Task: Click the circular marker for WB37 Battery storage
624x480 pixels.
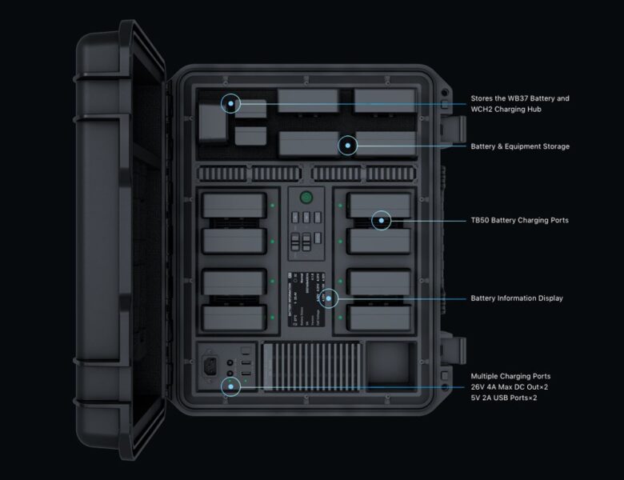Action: point(232,103)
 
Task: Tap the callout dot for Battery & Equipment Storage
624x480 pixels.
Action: point(347,146)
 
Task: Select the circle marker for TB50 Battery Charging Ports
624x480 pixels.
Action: point(382,220)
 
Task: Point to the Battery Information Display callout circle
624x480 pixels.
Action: point(329,298)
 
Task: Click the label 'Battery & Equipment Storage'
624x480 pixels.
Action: point(520,146)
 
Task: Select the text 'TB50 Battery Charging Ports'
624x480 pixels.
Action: point(520,220)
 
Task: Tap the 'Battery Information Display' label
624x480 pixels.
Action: point(517,298)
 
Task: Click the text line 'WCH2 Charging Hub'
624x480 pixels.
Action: point(506,110)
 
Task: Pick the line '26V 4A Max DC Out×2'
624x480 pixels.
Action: point(509,387)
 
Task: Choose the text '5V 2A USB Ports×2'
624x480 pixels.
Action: point(504,398)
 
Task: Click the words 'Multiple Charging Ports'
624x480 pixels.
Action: point(510,376)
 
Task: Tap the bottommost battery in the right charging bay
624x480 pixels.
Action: point(379,318)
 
